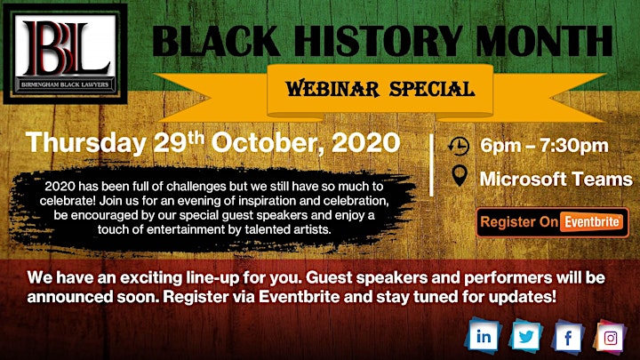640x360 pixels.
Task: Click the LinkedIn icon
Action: click(484, 336)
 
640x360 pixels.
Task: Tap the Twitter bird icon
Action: click(525, 337)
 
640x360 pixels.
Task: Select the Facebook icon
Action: click(568, 338)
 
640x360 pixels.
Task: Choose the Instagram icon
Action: click(610, 338)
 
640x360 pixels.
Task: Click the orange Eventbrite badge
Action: click(592, 222)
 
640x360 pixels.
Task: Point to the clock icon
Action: click(459, 146)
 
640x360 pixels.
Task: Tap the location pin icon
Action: click(460, 176)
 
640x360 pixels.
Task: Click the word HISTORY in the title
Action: click(378, 41)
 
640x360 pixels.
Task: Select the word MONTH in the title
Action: click(544, 41)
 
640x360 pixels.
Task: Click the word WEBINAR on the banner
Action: click(332, 89)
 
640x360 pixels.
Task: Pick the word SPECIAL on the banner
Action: click(432, 89)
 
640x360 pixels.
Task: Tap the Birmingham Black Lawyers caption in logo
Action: click(65, 85)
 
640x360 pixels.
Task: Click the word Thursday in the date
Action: click(86, 143)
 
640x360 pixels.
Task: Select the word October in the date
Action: click(268, 143)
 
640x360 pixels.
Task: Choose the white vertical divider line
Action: click(431, 165)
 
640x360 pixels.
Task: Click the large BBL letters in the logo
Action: click(66, 48)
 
